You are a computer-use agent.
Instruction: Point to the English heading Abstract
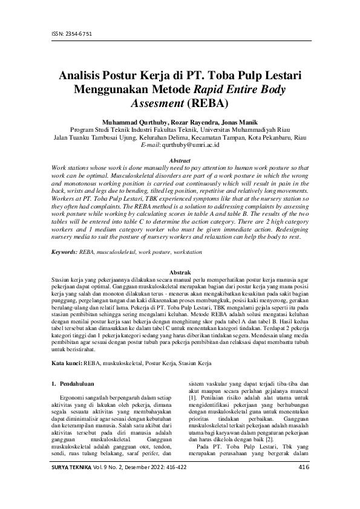tap(180, 160)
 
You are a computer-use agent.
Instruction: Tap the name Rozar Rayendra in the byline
tap(189, 121)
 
